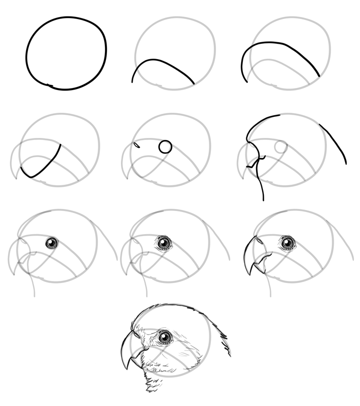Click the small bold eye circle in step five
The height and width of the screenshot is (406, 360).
point(165,147)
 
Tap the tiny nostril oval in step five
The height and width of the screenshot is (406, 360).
point(136,145)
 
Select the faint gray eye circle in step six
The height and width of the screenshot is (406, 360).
point(281,147)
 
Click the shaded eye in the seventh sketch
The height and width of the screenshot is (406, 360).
point(51,243)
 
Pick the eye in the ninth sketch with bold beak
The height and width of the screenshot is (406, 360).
point(287,242)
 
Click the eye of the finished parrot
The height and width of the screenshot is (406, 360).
point(165,337)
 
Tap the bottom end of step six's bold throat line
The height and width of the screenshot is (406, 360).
point(263,199)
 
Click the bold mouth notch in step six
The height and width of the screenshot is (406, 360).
point(252,165)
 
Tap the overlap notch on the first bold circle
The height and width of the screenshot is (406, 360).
point(49,85)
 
